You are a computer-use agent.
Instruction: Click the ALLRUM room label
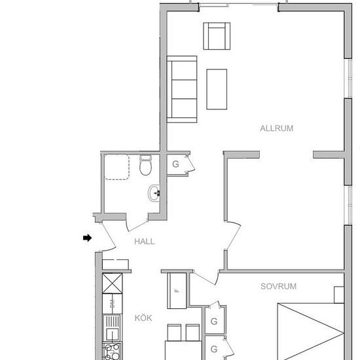(276, 128)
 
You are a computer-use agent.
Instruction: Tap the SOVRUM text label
(278, 286)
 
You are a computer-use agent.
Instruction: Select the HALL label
(144, 241)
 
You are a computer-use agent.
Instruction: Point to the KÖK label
(143, 317)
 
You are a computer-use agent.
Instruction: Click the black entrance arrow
(87, 238)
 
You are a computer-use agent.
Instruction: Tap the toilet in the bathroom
(145, 166)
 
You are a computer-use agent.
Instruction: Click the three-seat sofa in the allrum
(183, 88)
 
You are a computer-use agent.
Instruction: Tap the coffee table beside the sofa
(217, 88)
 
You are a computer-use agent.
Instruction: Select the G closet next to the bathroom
(175, 164)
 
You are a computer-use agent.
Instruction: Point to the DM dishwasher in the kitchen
(112, 303)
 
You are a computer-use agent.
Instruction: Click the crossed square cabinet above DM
(112, 283)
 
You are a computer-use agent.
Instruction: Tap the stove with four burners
(111, 350)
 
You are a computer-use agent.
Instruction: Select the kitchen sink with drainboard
(112, 326)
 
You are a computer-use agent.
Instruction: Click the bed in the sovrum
(310, 331)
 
